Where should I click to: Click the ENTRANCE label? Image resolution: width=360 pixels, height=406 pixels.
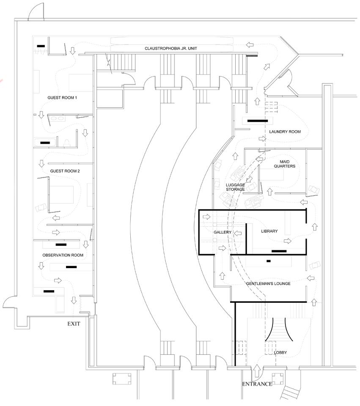coord(257,384)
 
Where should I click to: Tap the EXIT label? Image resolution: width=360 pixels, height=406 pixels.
coord(74,324)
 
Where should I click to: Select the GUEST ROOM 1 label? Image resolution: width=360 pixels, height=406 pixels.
coord(62,98)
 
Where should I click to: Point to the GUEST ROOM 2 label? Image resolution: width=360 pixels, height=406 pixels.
coord(65,171)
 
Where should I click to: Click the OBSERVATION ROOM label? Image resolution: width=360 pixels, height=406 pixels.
coord(63,255)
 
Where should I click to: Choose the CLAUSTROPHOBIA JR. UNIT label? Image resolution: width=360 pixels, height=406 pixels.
coord(171,48)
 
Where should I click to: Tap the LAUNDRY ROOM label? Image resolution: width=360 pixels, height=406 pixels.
coord(285,132)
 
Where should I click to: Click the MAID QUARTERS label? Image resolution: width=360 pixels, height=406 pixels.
coord(285,164)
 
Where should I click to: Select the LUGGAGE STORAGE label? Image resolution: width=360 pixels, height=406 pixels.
coord(235,187)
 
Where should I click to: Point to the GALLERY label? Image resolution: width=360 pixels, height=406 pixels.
coord(223,232)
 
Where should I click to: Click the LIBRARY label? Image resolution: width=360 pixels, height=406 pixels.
coord(269,231)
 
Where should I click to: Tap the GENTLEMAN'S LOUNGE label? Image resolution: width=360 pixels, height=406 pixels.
coord(268,283)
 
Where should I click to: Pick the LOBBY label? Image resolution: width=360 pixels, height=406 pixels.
coord(280,352)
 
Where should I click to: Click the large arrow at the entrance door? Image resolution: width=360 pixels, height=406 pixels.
coord(257,370)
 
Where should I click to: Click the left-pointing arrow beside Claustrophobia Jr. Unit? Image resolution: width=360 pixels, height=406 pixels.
coord(250,45)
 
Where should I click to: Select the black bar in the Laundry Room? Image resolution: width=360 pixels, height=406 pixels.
coord(258,121)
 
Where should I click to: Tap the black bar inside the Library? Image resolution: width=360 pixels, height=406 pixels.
coord(279,251)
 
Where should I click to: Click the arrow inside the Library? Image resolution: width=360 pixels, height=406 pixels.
coord(288,241)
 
